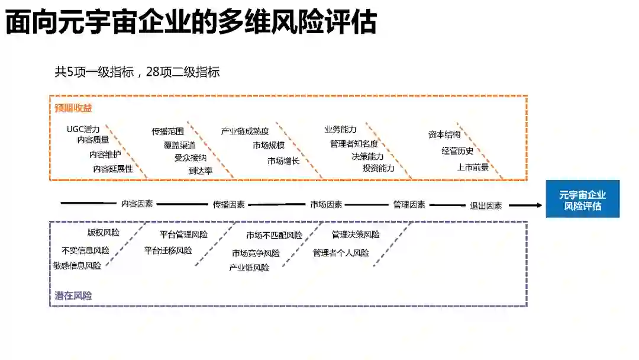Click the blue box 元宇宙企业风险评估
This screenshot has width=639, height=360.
(582, 200)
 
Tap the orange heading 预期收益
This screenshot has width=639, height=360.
(73, 108)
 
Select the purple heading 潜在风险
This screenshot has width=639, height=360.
(73, 295)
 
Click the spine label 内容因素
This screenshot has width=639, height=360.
(137, 204)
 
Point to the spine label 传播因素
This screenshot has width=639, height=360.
(229, 204)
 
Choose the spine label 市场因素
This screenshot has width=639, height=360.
(326, 204)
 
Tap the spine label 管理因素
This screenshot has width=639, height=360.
(409, 204)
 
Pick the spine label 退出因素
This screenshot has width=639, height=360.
(486, 205)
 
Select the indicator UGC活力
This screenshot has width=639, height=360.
(83, 129)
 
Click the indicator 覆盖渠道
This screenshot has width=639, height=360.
(180, 144)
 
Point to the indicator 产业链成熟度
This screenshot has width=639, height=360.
(245, 131)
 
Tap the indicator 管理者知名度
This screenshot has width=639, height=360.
(354, 143)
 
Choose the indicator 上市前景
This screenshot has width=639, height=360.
(473, 167)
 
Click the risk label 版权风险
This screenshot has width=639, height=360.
(104, 233)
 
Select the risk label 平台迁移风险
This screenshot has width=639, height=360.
(168, 250)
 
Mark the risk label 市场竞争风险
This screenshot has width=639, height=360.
(256, 253)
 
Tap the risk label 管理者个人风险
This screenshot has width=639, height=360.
(341, 253)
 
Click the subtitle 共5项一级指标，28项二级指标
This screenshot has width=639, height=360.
(137, 72)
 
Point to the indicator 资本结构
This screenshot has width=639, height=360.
(444, 134)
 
